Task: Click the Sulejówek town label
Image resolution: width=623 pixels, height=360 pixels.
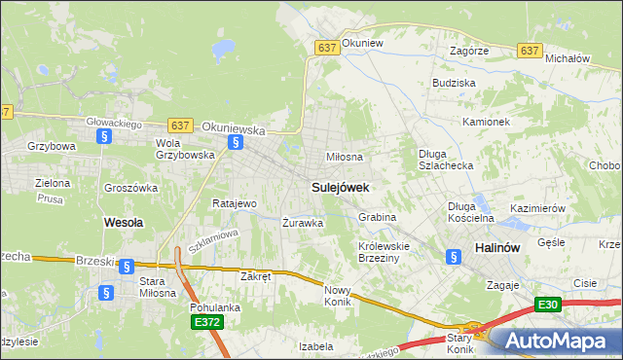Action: coord(340,186)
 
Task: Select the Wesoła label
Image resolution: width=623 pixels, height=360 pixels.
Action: coord(124,222)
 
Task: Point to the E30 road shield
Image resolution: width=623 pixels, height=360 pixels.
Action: coord(548,306)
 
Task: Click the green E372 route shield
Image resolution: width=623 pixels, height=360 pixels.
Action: coord(206,322)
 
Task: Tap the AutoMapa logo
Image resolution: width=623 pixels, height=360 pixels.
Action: coord(554,341)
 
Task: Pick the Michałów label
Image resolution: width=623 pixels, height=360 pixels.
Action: coord(568,58)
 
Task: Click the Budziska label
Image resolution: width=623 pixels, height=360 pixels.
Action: coord(454,84)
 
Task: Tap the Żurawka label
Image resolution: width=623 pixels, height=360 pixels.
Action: coord(302,223)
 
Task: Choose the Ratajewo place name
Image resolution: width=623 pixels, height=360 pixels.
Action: coord(234,204)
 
